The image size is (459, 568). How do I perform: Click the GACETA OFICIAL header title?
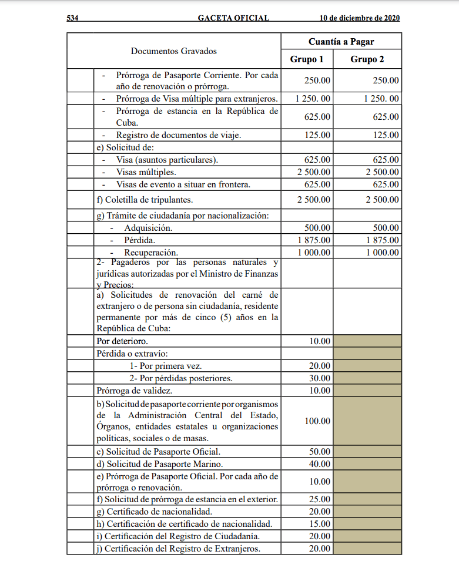pyautogui.click(x=233, y=18)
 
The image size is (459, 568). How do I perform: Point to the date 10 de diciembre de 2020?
pyautogui.click(x=359, y=18)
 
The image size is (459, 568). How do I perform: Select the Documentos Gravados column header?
pyautogui.click(x=173, y=51)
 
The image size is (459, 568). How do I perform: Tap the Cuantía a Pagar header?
pyautogui.click(x=341, y=42)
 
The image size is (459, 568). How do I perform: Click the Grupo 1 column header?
pyautogui.click(x=307, y=59)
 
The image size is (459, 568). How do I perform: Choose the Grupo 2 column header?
pyautogui.click(x=367, y=59)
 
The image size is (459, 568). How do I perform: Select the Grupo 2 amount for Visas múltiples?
pyautogui.click(x=382, y=172)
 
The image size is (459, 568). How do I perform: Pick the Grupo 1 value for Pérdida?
pyautogui.click(x=314, y=240)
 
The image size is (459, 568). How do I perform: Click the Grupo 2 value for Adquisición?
pyautogui.click(x=386, y=228)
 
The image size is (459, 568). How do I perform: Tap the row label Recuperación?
pyautogui.click(x=143, y=253)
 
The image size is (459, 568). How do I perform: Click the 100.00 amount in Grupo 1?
pyautogui.click(x=317, y=421)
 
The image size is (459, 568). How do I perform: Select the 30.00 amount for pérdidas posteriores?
pyautogui.click(x=320, y=378)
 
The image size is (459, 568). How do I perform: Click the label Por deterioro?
pyautogui.click(x=122, y=341)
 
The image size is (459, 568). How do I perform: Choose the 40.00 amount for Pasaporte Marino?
pyautogui.click(x=320, y=464)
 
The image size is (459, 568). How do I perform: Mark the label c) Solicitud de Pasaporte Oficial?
pyautogui.click(x=158, y=452)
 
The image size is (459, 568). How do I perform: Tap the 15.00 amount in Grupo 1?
pyautogui.click(x=320, y=524)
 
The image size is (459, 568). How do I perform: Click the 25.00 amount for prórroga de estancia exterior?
pyautogui.click(x=320, y=499)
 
